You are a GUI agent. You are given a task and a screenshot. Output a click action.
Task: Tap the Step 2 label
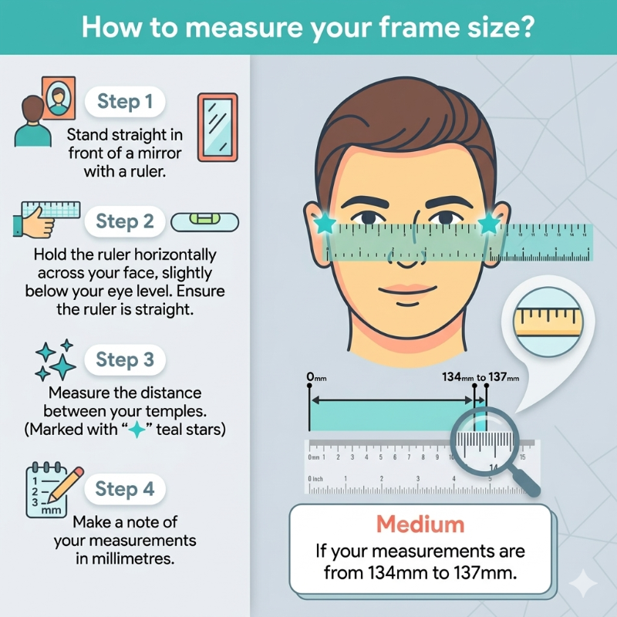125,222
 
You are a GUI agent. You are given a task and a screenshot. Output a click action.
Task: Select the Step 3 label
125,359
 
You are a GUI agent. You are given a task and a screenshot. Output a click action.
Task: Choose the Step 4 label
125,489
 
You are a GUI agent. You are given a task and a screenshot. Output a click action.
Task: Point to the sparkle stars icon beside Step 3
56,359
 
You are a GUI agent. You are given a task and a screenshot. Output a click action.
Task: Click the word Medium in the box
420,524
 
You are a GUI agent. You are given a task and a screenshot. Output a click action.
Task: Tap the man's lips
406,292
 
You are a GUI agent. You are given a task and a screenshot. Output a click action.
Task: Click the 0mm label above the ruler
315,378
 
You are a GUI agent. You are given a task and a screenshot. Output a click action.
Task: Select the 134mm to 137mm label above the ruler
480,378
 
